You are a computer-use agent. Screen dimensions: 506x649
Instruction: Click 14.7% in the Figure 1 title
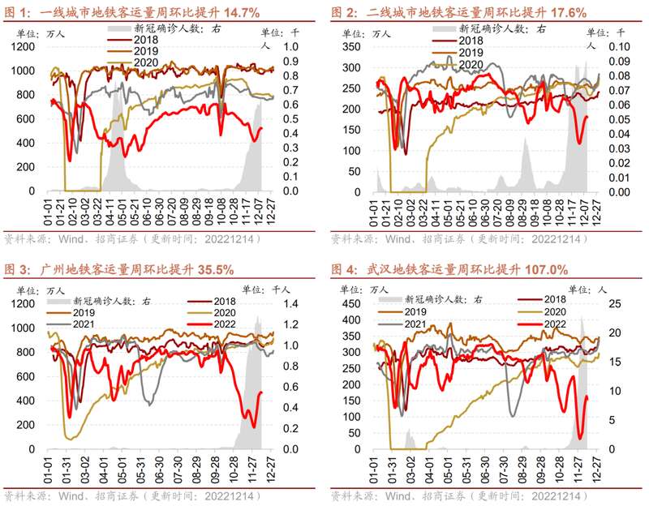217,13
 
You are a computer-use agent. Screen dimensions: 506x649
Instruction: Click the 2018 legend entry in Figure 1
147,40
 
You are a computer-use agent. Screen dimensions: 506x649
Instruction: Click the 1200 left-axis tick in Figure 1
22,46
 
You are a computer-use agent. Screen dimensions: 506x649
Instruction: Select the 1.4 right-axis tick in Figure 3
290,303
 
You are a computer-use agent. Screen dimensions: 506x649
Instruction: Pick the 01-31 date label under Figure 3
67,470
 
